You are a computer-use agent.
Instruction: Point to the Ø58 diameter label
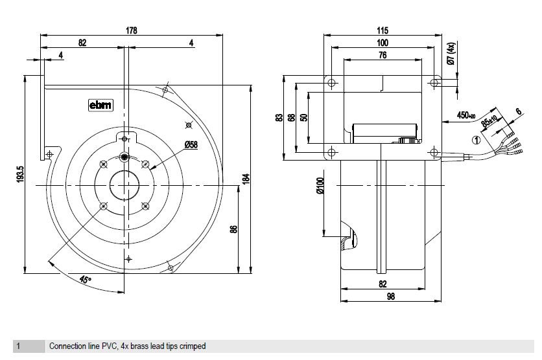[191, 144]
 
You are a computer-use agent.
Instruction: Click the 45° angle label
[85, 280]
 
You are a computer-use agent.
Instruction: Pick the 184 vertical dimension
[246, 179]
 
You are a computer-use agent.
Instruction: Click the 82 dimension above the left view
[82, 43]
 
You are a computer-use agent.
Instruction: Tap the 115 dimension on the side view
[382, 30]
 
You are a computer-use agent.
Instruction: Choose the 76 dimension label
[382, 56]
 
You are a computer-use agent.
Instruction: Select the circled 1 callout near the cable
[477, 139]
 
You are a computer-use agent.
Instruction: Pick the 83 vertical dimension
[279, 117]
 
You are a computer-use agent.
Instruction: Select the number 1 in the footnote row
[19, 346]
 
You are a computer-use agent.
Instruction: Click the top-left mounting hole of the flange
[332, 83]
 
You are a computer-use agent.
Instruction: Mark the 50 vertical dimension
[303, 117]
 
